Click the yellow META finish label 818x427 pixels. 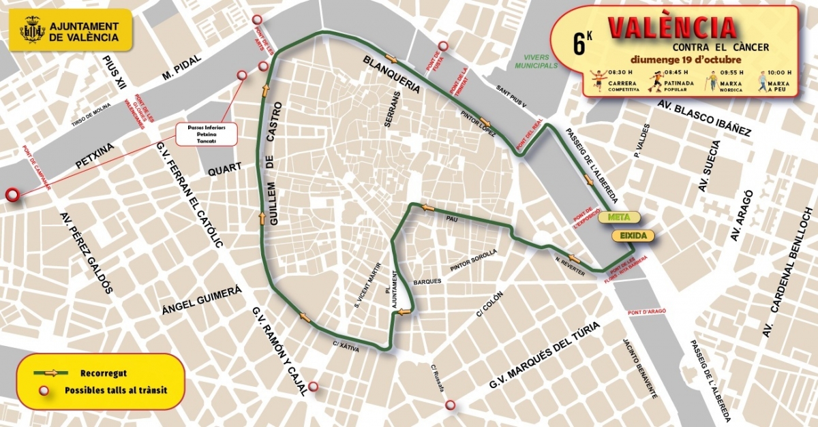[618, 218]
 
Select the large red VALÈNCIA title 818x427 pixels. [671, 27]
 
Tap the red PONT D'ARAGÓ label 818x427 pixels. [645, 312]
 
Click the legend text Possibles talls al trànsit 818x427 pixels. [116, 390]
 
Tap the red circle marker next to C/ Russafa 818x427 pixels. [450, 406]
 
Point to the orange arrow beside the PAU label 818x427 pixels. [427, 208]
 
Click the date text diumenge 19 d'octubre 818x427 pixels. [686, 59]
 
